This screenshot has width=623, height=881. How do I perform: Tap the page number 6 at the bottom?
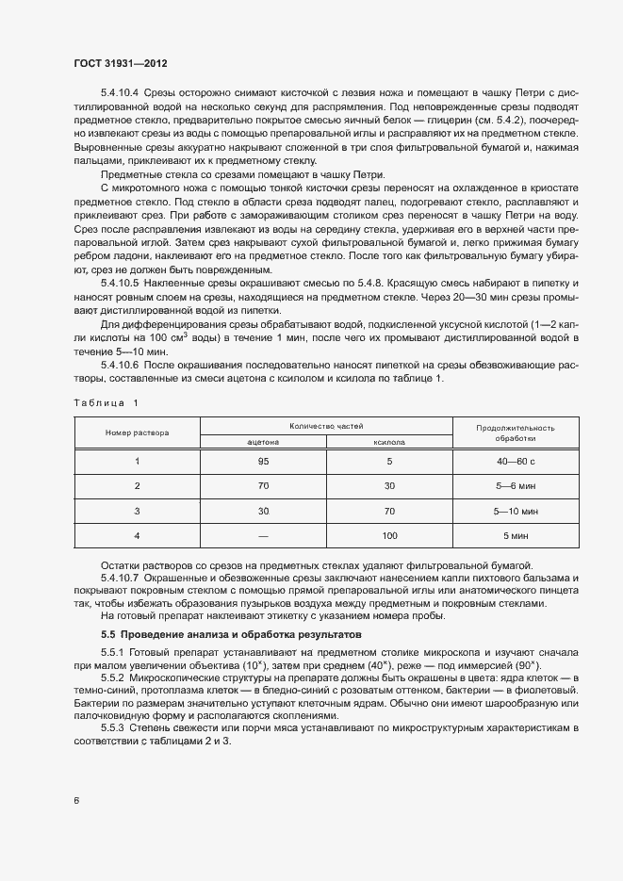76,800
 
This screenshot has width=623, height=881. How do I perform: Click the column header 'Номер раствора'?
137,432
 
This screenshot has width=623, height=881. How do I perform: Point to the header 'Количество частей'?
326,426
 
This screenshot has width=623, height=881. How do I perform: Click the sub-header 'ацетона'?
263,440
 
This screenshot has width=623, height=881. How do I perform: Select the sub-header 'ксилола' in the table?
389,440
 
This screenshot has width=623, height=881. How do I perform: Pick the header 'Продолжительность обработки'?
515,432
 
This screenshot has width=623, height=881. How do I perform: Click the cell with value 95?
263,461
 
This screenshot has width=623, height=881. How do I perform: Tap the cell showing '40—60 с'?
515,461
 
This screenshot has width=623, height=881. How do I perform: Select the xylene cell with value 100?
389,535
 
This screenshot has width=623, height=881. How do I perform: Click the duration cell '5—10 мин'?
515,511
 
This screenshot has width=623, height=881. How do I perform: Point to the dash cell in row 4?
263,535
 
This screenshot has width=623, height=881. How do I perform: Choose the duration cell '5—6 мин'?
515,485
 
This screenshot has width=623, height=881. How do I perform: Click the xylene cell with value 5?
389,461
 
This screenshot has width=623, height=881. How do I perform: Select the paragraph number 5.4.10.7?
120,576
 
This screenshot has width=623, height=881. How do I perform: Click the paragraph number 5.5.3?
112,728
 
